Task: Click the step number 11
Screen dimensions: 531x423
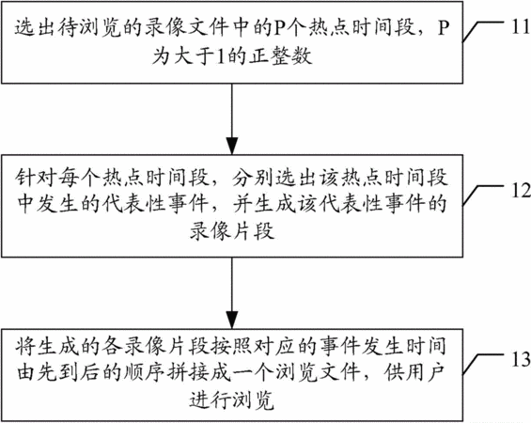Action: pos(520,26)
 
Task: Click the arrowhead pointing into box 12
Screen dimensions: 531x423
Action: pos(232,146)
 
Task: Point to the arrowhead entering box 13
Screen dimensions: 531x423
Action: pos(232,320)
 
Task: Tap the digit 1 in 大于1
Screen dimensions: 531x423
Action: pos(220,56)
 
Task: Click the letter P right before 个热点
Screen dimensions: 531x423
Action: pos(280,28)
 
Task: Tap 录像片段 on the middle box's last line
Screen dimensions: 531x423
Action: pos(232,231)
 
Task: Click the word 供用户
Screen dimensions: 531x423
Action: pos(414,373)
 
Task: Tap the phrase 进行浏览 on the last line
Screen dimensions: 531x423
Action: pos(232,400)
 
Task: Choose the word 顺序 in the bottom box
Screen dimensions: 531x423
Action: pos(145,373)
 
